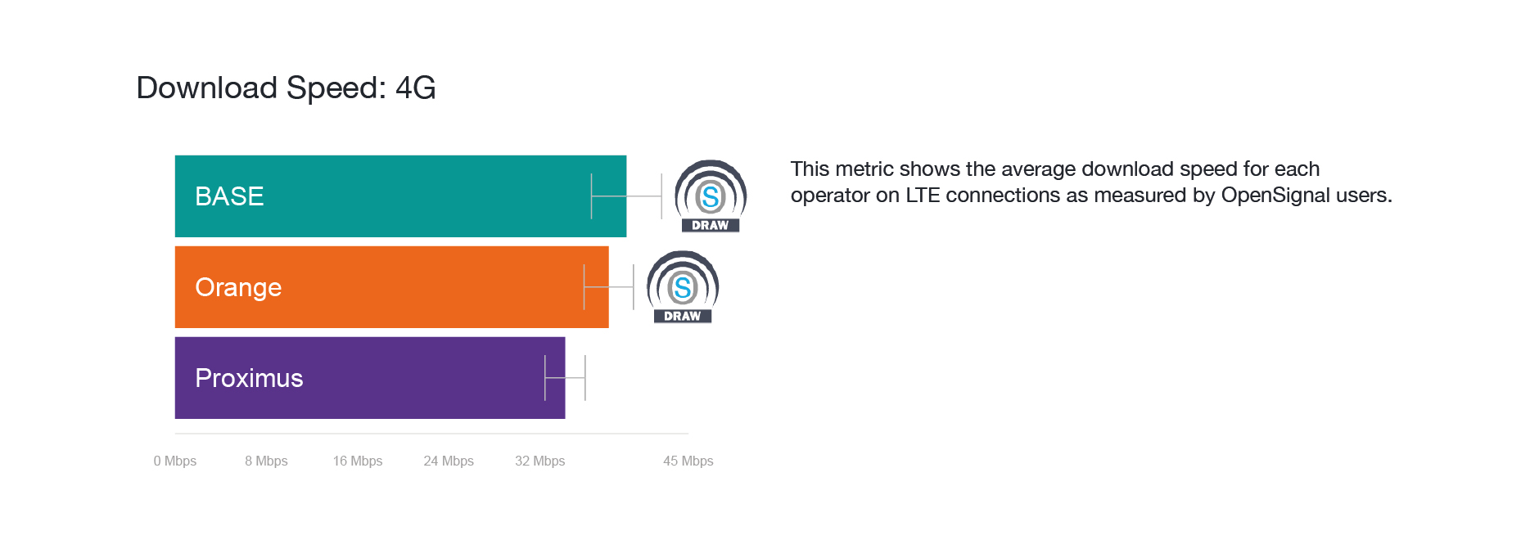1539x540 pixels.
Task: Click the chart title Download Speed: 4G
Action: [286, 88]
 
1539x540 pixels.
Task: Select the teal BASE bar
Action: [400, 196]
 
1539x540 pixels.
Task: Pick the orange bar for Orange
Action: [391, 287]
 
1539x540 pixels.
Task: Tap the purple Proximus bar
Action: [370, 378]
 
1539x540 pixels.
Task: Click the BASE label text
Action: [229, 196]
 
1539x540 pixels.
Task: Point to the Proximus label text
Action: [249, 378]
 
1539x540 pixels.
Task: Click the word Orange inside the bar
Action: [238, 288]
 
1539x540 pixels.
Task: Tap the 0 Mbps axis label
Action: [175, 461]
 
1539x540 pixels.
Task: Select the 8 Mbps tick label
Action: [266, 461]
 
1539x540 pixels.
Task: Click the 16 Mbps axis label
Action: [358, 461]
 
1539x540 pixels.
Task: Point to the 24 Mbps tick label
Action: [449, 461]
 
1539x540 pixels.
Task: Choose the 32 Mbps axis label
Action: [540, 461]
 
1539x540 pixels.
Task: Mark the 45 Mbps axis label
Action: [688, 461]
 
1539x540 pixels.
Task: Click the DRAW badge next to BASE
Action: [711, 196]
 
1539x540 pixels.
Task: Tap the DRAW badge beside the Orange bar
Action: [683, 287]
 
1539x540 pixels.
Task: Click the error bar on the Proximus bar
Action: [565, 378]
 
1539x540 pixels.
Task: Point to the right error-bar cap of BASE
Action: [661, 196]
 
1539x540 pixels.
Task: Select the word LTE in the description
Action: [923, 195]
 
